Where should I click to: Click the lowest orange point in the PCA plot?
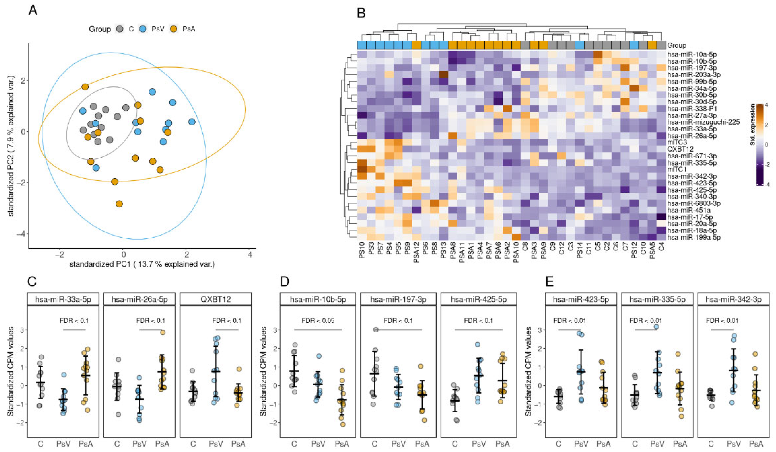coord(119,204)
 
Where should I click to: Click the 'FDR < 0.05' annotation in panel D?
coord(318,321)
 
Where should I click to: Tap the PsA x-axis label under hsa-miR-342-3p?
coord(756,444)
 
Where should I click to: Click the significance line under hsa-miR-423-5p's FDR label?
coord(569,330)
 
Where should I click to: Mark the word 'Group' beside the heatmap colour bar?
coord(677,45)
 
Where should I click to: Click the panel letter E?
coord(549,282)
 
